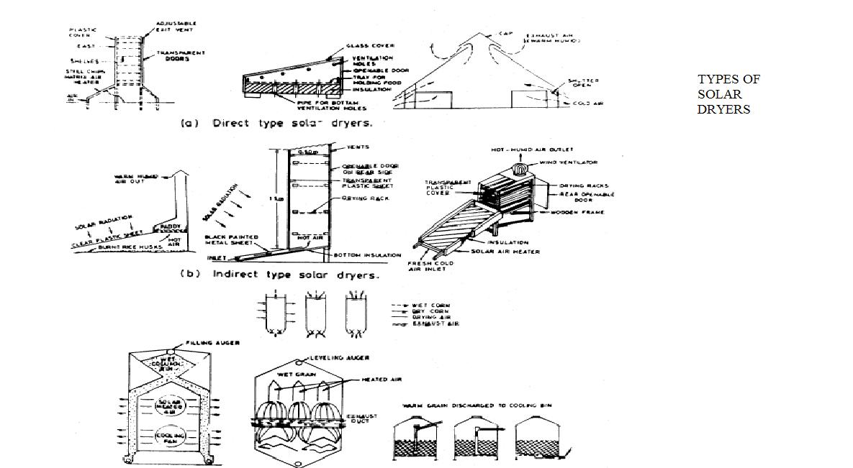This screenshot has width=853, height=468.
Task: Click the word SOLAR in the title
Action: (713, 94)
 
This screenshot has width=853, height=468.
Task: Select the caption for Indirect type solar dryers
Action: (281, 274)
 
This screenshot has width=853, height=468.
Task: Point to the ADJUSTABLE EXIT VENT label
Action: (176, 28)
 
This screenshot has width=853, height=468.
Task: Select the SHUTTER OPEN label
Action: (582, 83)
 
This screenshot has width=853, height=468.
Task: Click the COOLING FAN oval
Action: (168, 436)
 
